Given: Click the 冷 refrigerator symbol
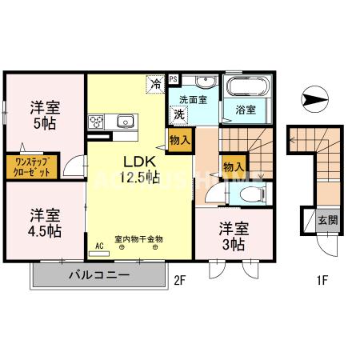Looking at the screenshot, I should click(154, 83).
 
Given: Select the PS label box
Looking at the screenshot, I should click(174, 80).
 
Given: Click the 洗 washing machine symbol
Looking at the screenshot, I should click(181, 114).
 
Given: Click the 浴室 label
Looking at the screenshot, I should click(245, 110).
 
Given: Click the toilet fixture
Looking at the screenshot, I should click(249, 194).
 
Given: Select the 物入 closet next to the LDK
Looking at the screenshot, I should click(180, 139).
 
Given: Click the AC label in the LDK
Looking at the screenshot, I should click(100, 247).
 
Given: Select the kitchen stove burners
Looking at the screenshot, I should click(96, 122).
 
